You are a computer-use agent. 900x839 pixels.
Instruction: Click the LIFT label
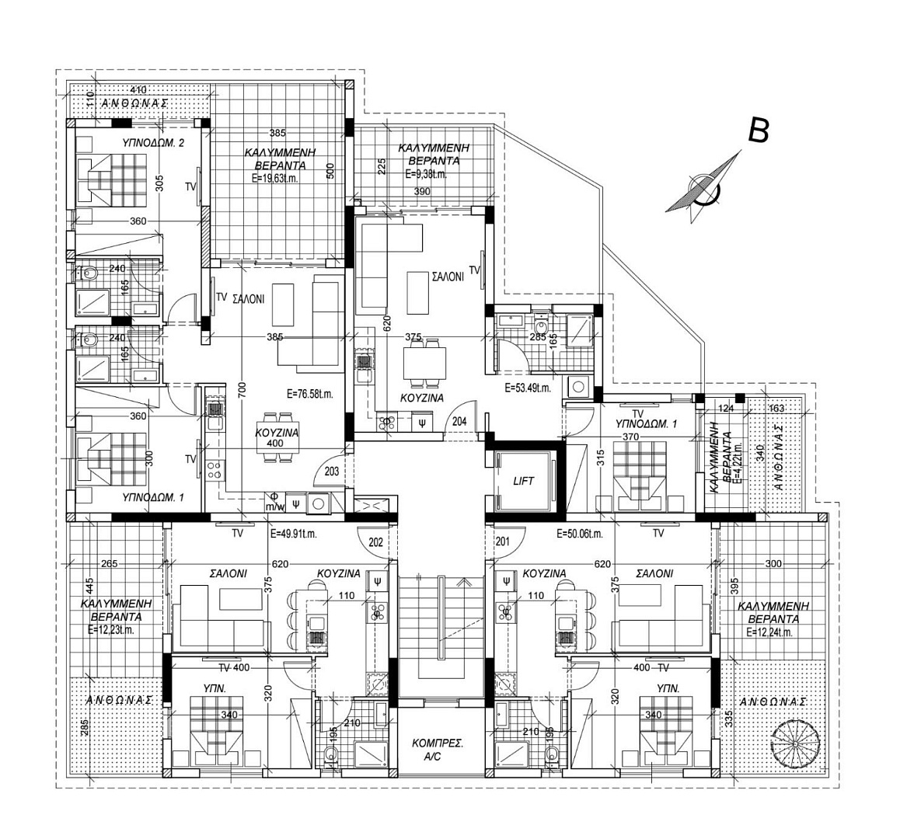pos(523,481)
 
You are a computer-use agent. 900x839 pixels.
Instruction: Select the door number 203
pos(333,471)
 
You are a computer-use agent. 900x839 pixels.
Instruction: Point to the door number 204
pos(459,422)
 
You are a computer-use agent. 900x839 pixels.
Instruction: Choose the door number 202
pos(377,542)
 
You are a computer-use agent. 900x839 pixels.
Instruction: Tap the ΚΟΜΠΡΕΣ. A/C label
pos(438,749)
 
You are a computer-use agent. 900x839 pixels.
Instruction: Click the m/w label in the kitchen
pos(274,507)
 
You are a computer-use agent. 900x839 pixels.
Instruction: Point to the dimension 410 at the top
pos(138,90)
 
